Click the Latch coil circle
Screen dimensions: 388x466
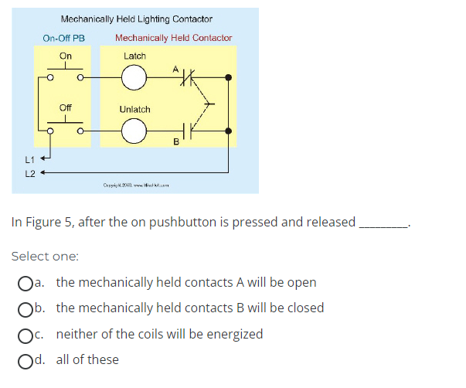134,77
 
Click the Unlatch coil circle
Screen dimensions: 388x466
134,132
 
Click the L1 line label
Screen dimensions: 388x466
29,159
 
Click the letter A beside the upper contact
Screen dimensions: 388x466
175,69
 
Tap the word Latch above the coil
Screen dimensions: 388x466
134,56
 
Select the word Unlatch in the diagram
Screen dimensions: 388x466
134,109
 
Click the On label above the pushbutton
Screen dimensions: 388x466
66,56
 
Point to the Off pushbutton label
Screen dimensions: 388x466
66,108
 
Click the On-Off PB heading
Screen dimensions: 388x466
64,38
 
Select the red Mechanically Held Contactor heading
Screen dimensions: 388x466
173,38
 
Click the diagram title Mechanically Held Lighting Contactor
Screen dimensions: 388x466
136,19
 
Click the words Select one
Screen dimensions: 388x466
46,256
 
